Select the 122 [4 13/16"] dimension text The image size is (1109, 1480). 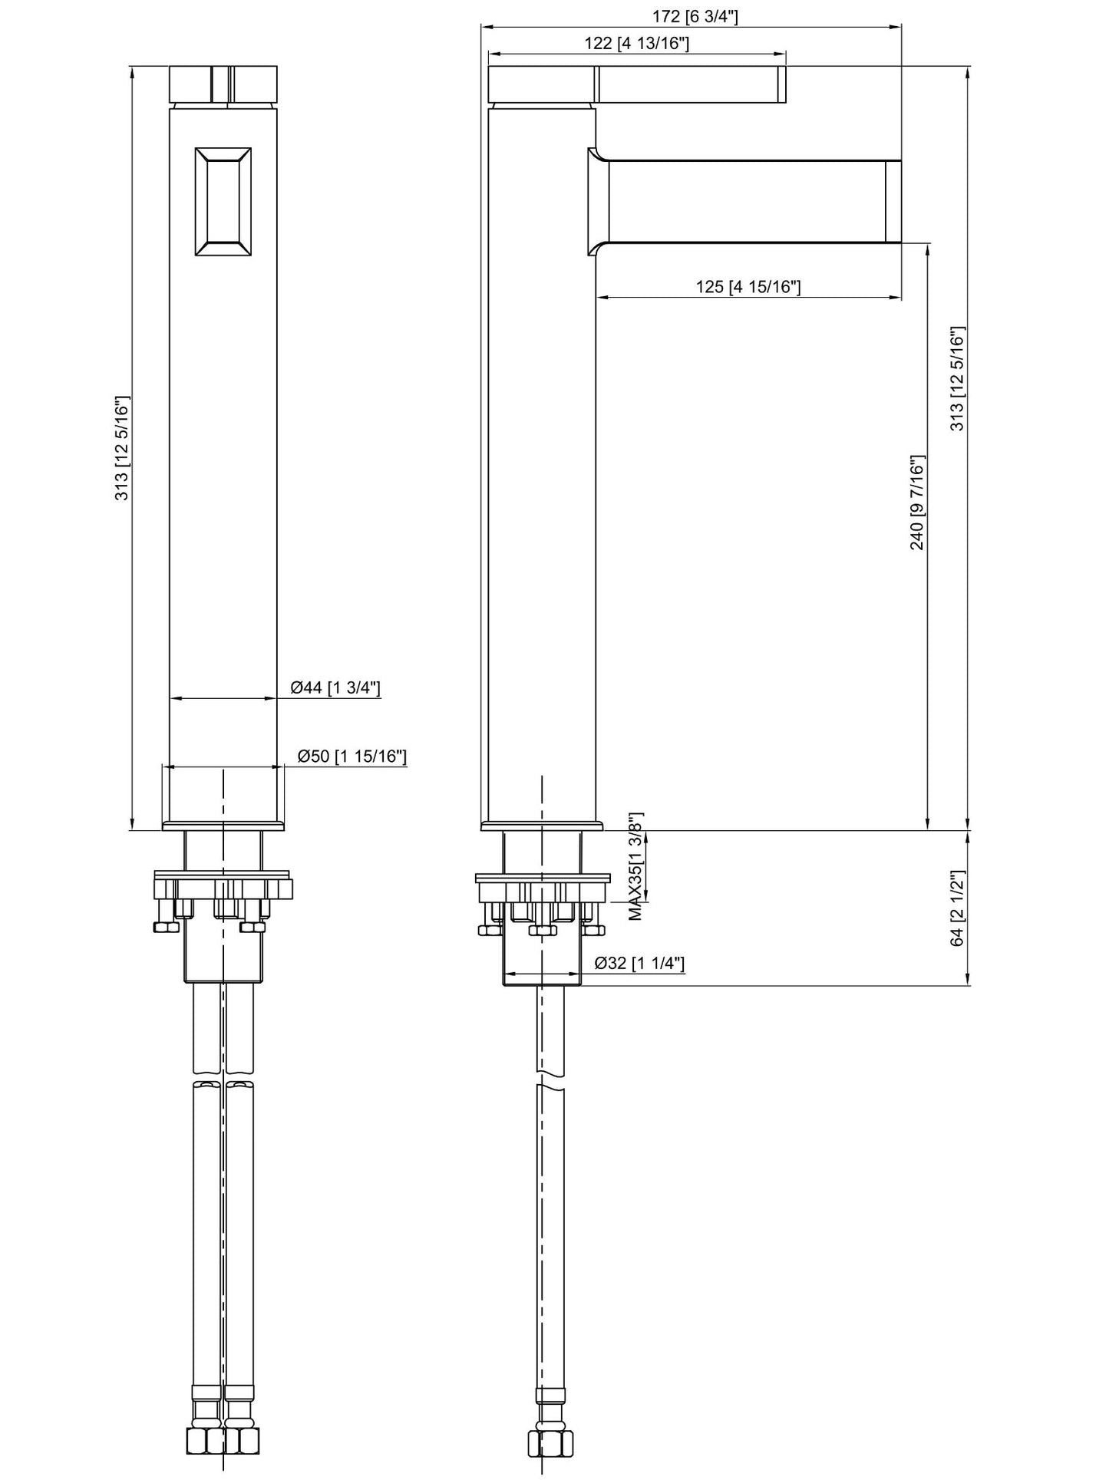pyautogui.click(x=636, y=43)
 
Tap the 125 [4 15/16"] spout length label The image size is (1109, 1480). pyautogui.click(x=748, y=287)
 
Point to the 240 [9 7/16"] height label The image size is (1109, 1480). pyautogui.click(x=917, y=503)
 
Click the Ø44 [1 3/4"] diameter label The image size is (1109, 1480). pyautogui.click(x=335, y=687)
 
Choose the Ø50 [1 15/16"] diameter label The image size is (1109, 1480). pyautogui.click(x=352, y=756)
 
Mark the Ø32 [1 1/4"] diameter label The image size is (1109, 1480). pyautogui.click(x=639, y=963)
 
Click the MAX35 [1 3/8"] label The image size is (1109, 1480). pyautogui.click(x=636, y=866)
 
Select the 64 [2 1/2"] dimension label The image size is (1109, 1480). pyautogui.click(x=957, y=908)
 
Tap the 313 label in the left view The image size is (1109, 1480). pyautogui.click(x=122, y=449)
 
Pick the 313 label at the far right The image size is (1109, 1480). pyautogui.click(x=958, y=379)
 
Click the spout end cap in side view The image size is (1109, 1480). pyautogui.click(x=893, y=201)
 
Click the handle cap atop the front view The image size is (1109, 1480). pyautogui.click(x=223, y=84)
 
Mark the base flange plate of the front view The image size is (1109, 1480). pyautogui.click(x=223, y=826)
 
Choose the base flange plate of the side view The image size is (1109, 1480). pyautogui.click(x=542, y=826)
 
